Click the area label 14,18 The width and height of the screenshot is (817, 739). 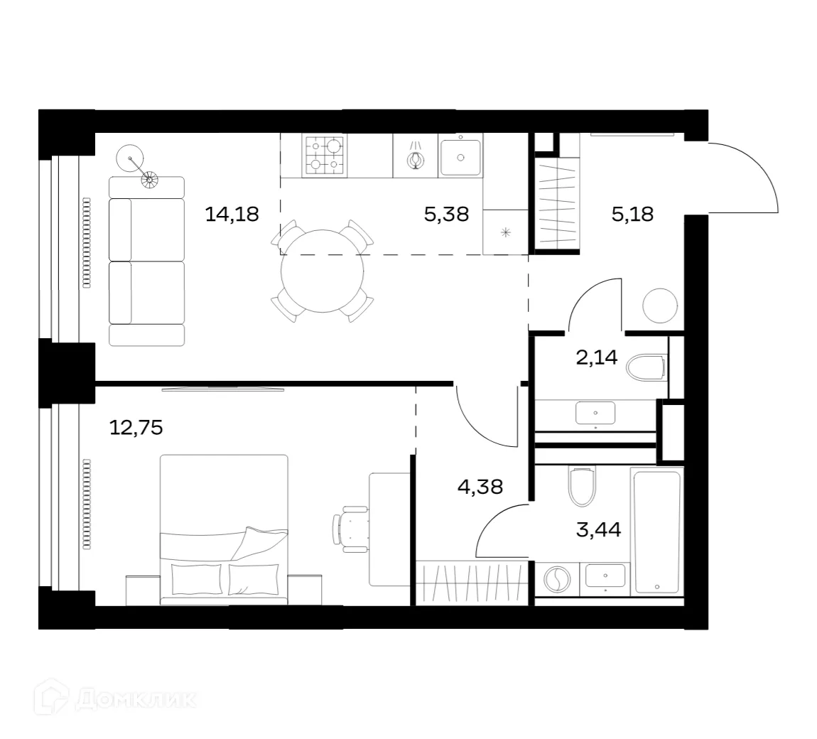coord(231,213)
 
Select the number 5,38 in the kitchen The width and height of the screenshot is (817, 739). coord(446,213)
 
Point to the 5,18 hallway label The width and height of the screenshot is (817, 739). coord(632,213)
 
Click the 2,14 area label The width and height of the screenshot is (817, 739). coord(597,357)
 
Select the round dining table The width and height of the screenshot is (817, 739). coord(323,271)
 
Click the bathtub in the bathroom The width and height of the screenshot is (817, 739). coord(656,530)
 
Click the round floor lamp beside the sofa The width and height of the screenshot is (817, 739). coord(130,158)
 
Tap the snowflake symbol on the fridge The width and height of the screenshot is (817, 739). coord(506,232)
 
